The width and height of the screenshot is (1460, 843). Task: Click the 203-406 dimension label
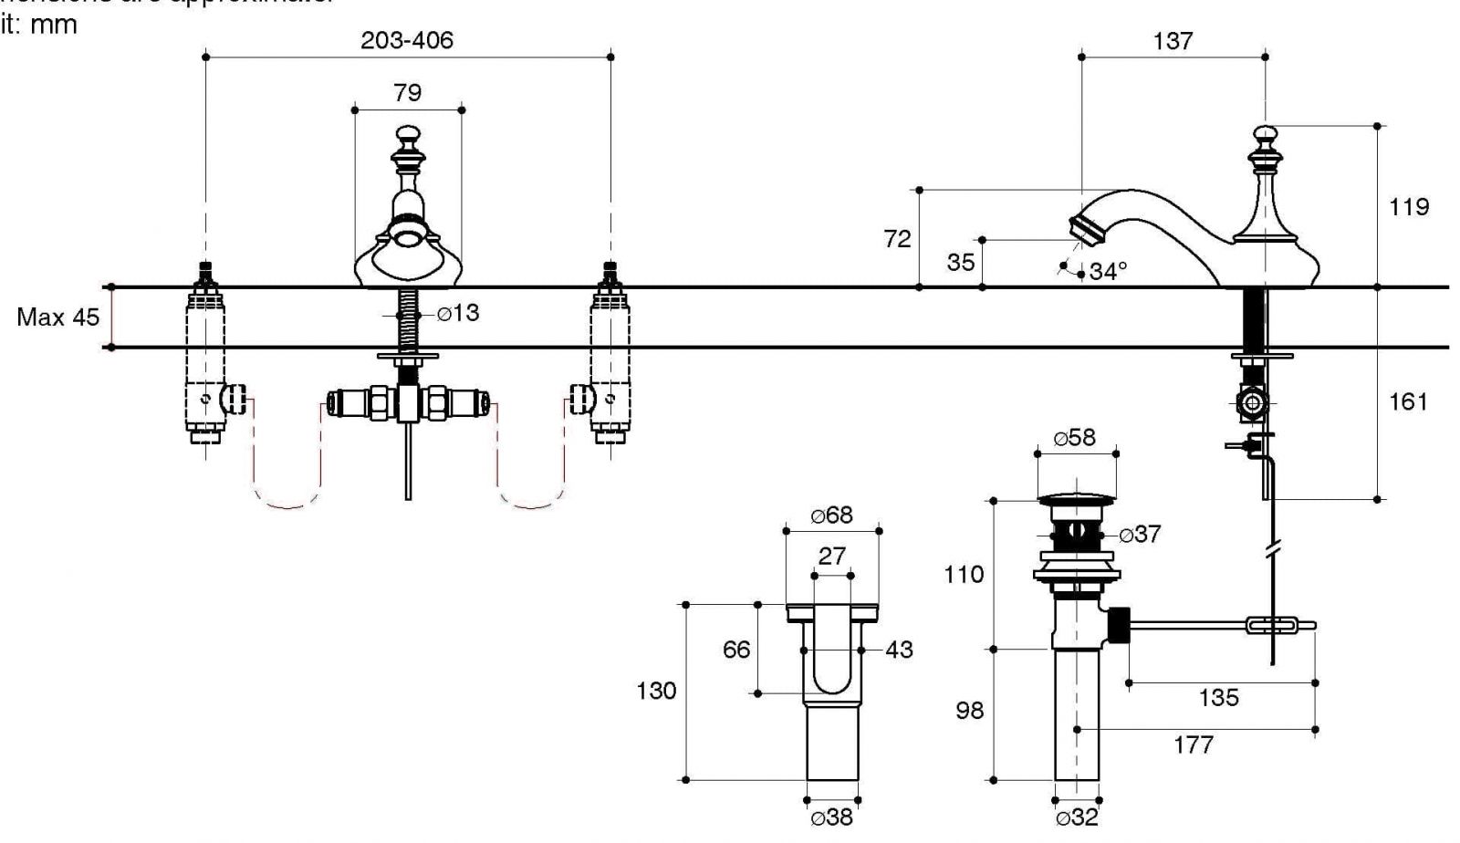(406, 41)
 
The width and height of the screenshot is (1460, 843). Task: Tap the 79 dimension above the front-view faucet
(407, 92)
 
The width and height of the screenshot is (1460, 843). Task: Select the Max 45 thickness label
(57, 317)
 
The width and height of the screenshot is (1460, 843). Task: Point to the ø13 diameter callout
(458, 313)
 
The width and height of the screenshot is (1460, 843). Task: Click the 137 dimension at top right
(1173, 41)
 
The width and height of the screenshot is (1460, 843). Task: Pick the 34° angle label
(1108, 271)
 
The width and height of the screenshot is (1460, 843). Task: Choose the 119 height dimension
(1408, 207)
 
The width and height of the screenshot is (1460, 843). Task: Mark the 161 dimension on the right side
(1407, 401)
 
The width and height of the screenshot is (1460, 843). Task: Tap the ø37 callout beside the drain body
(1140, 535)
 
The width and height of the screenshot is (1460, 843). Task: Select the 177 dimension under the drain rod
(1193, 744)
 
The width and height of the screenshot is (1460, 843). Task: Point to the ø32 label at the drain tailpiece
(1076, 817)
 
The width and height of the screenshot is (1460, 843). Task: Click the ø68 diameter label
(831, 515)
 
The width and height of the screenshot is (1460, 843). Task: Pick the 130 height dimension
(656, 691)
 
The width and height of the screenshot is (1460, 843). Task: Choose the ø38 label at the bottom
(831, 817)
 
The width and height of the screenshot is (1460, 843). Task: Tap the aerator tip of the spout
(1084, 228)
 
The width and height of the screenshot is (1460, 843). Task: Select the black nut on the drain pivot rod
(1118, 625)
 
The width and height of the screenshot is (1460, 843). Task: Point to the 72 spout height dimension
(897, 239)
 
